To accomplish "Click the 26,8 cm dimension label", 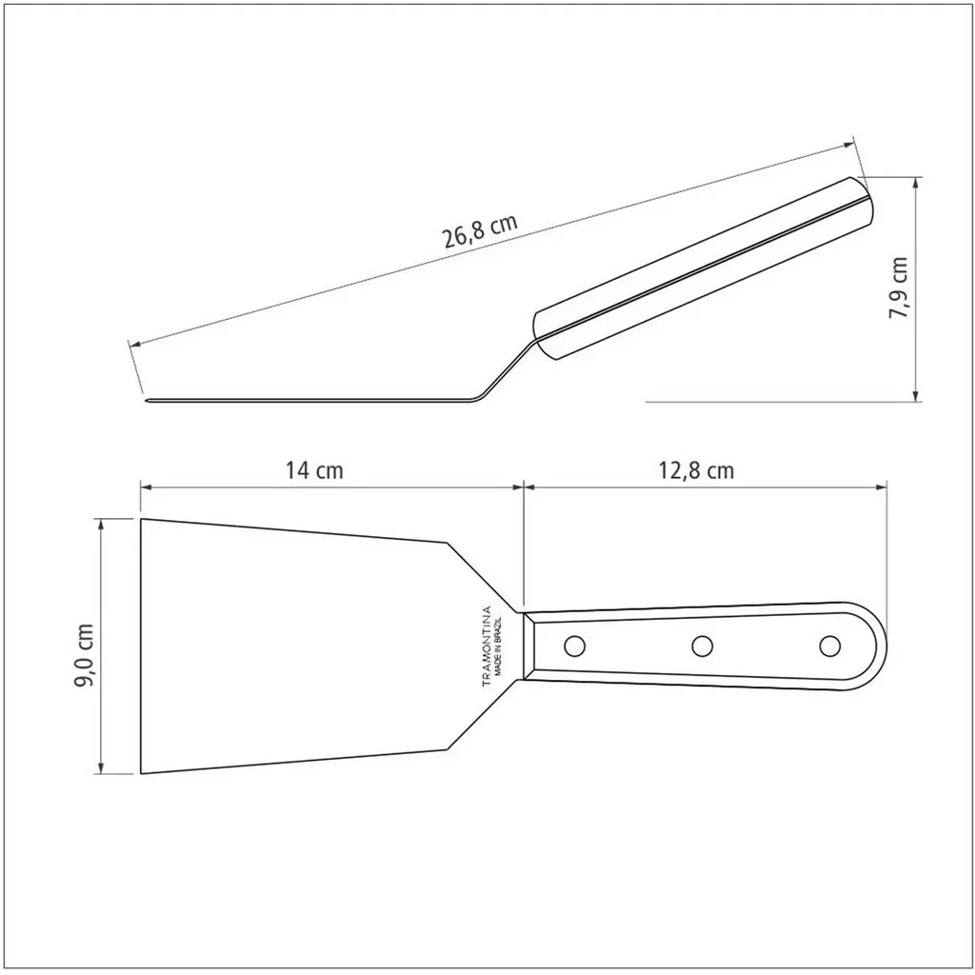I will tap(479, 230).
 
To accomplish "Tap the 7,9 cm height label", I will tap(899, 289).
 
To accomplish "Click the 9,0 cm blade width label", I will tap(86, 656).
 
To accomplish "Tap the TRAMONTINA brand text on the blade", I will tap(485, 647).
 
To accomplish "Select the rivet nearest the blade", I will tap(573, 647).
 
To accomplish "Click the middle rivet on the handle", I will tap(702, 647).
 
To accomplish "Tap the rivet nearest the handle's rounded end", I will tap(829, 647).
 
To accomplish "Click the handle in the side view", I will tap(705, 267).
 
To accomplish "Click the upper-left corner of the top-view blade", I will tap(142, 520).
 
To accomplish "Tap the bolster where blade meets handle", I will tap(528, 646).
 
